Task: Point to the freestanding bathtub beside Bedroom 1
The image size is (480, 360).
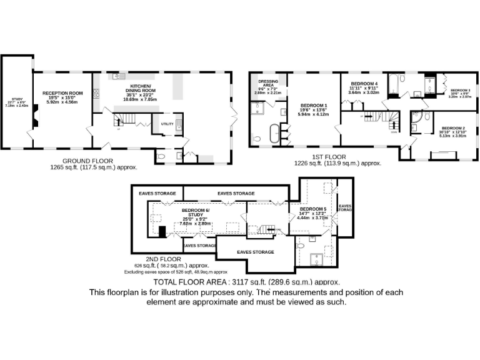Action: [273, 133]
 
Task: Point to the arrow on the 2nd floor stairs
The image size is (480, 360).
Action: [271, 230]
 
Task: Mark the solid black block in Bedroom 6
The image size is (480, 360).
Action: [162, 232]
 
